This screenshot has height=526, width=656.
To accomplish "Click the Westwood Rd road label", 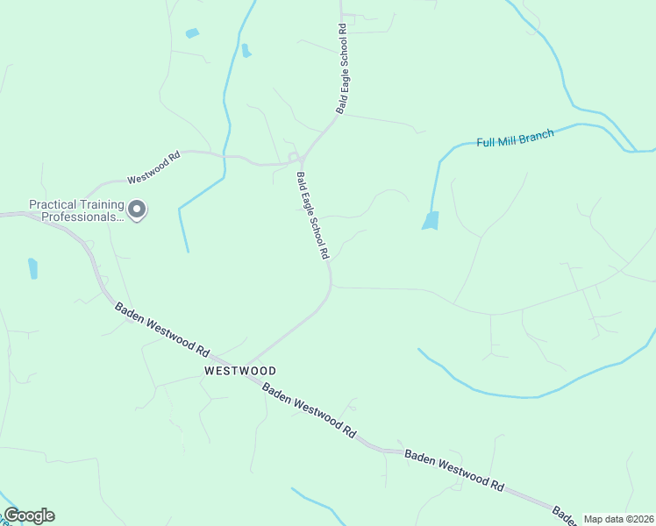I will [153, 168].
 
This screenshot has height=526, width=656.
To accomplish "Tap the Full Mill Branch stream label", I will [515, 139].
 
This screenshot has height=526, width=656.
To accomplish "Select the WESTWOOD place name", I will [240, 371].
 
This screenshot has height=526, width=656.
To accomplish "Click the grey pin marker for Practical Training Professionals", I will [137, 210].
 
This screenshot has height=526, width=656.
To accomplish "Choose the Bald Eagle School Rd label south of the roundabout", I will [312, 215].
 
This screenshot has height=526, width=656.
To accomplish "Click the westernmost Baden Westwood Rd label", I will [162, 329].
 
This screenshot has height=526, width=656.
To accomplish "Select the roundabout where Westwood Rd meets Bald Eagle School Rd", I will [294, 158].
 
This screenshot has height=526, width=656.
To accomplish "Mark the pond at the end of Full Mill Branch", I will [431, 220].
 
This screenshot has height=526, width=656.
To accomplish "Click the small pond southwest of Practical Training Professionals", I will [33, 268].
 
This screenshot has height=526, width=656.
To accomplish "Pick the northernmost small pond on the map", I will [192, 33].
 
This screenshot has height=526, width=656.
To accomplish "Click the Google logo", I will [29, 515].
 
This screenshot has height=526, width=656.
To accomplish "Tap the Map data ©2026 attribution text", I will [617, 519].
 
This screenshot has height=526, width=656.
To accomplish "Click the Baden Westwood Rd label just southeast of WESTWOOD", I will [310, 413].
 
